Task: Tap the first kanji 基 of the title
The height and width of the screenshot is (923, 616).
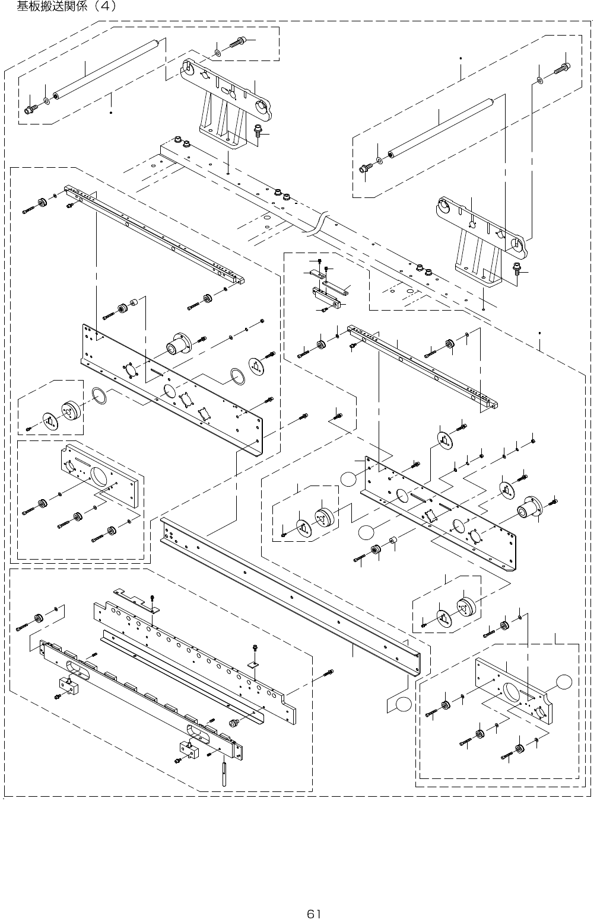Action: (23, 6)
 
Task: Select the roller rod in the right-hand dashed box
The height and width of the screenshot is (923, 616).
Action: (440, 127)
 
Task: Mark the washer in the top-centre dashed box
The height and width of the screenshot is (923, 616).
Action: (217, 53)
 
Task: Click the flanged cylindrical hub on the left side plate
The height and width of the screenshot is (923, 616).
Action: (178, 343)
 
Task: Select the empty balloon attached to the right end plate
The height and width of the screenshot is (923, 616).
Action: (564, 682)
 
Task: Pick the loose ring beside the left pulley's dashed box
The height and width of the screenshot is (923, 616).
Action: (99, 397)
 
